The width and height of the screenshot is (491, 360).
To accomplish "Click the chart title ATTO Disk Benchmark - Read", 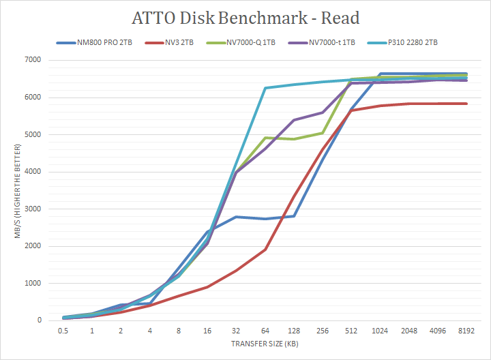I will click(x=245, y=18).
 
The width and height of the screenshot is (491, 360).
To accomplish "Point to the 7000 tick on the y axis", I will click(x=33, y=60).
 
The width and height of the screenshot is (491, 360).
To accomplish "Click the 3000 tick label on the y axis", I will click(x=33, y=209).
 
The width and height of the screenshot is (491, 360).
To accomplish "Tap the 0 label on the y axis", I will click(x=39, y=320).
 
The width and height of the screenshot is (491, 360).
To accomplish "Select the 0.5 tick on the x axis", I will click(x=63, y=331).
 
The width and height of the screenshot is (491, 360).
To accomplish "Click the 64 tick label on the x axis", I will click(x=265, y=331).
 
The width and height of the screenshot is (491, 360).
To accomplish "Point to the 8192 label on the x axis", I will click(x=466, y=331).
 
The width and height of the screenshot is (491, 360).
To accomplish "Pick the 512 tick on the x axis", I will click(x=351, y=331).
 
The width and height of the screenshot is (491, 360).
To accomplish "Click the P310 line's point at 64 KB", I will click(x=265, y=88).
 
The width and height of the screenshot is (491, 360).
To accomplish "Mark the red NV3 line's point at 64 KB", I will click(x=265, y=250).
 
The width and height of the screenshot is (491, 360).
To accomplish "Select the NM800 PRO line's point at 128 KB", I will click(x=294, y=216).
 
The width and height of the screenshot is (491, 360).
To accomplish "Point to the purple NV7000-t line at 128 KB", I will click(x=294, y=120).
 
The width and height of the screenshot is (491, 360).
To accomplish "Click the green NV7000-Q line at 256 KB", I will click(x=323, y=133).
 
